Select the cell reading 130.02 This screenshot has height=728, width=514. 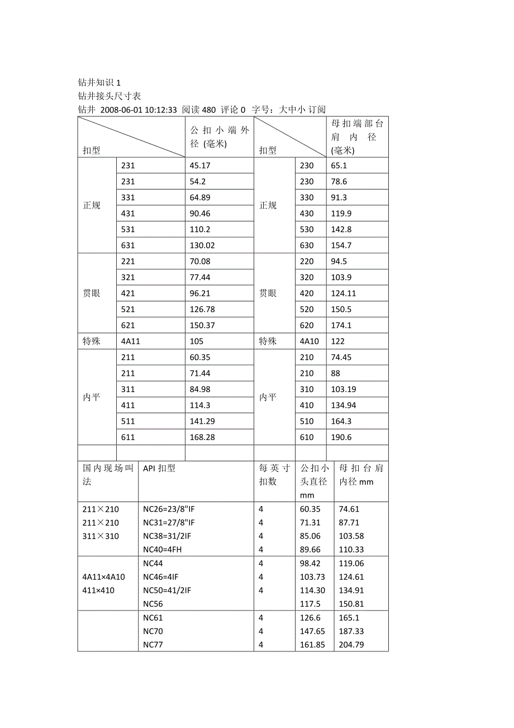pyautogui.click(x=202, y=245)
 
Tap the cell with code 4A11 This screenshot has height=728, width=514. pyautogui.click(x=130, y=342)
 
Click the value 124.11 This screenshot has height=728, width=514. pyautogui.click(x=343, y=294)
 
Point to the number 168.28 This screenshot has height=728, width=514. pyautogui.click(x=202, y=437)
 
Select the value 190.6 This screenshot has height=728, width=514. pyautogui.click(x=341, y=437)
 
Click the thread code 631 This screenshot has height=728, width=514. pyautogui.click(x=128, y=245)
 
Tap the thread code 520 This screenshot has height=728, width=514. pyautogui.click(x=307, y=309)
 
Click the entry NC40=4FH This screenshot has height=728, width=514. pyautogui.click(x=162, y=550)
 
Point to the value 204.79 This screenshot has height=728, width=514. pyautogui.click(x=351, y=645)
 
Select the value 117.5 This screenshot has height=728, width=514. pyautogui.click(x=310, y=604)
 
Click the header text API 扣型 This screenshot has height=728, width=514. pyautogui.click(x=159, y=469)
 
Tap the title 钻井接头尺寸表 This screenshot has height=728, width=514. pyautogui.click(x=109, y=96)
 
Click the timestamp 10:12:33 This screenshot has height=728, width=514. pyautogui.click(x=161, y=110)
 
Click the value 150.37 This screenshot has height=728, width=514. pyautogui.click(x=202, y=325)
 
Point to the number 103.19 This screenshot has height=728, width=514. pyautogui.click(x=343, y=389)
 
